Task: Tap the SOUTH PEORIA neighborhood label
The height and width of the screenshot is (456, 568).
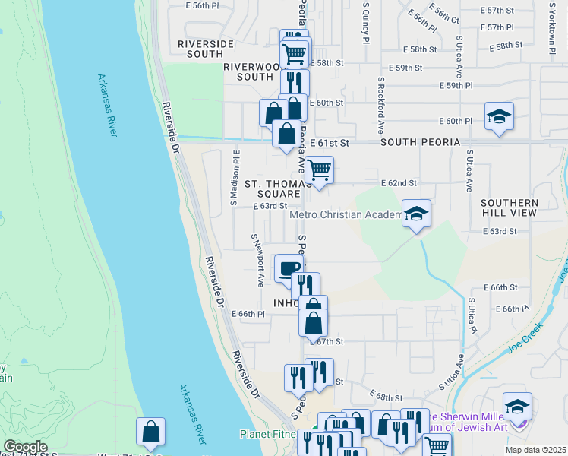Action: (420, 142)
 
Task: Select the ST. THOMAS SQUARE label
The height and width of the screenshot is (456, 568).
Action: (277, 188)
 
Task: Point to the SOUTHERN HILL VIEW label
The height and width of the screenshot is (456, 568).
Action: (510, 208)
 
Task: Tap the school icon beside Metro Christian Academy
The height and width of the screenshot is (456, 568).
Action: (416, 214)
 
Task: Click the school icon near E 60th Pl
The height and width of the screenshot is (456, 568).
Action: (499, 116)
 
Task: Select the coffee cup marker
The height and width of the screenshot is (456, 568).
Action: (289, 268)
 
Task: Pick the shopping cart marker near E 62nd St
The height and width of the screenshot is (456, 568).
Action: (320, 169)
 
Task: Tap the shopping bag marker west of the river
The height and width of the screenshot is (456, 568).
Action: (151, 431)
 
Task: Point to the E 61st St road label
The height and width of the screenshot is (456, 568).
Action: (329, 143)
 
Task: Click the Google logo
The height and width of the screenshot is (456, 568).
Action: (25, 447)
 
